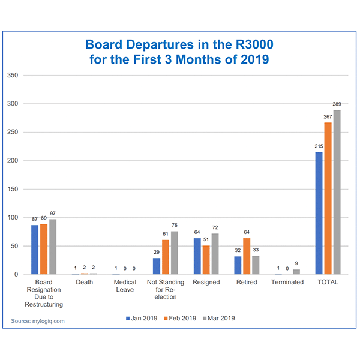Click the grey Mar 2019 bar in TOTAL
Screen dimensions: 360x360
click(337, 192)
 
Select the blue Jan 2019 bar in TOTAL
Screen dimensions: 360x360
click(319, 213)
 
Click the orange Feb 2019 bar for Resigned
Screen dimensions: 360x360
click(206, 260)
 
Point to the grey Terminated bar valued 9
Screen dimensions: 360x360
click(296, 272)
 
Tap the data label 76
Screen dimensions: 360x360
click(174, 226)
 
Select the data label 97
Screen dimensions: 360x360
click(52, 214)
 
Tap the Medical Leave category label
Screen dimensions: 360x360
click(125, 286)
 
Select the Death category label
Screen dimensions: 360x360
click(84, 282)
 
